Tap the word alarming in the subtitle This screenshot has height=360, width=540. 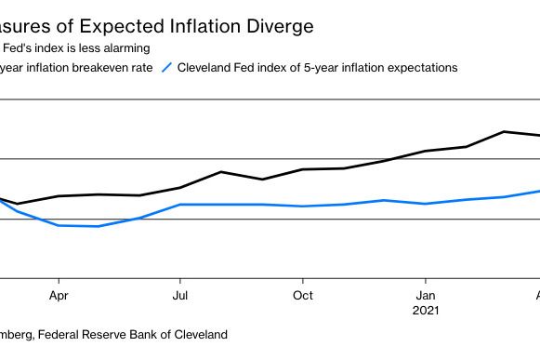tap(123, 47)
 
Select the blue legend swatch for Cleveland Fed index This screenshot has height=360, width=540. tap(167, 67)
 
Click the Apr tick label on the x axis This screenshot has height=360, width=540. tap(59, 296)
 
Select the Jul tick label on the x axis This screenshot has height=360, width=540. tap(180, 296)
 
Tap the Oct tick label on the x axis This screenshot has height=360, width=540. tap(302, 296)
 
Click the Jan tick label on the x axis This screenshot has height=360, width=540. tap(425, 296)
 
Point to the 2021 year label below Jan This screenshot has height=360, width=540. tap(425, 312)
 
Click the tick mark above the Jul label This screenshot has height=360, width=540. tap(180, 282)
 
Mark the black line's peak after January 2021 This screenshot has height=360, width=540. tap(504, 131)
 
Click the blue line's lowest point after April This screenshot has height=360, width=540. tap(98, 226)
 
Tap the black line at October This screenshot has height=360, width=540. tap(302, 169)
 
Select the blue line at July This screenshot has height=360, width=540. tap(180, 205)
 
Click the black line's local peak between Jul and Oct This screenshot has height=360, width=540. tap(221, 172)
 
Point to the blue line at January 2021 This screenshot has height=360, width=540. tap(425, 204)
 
